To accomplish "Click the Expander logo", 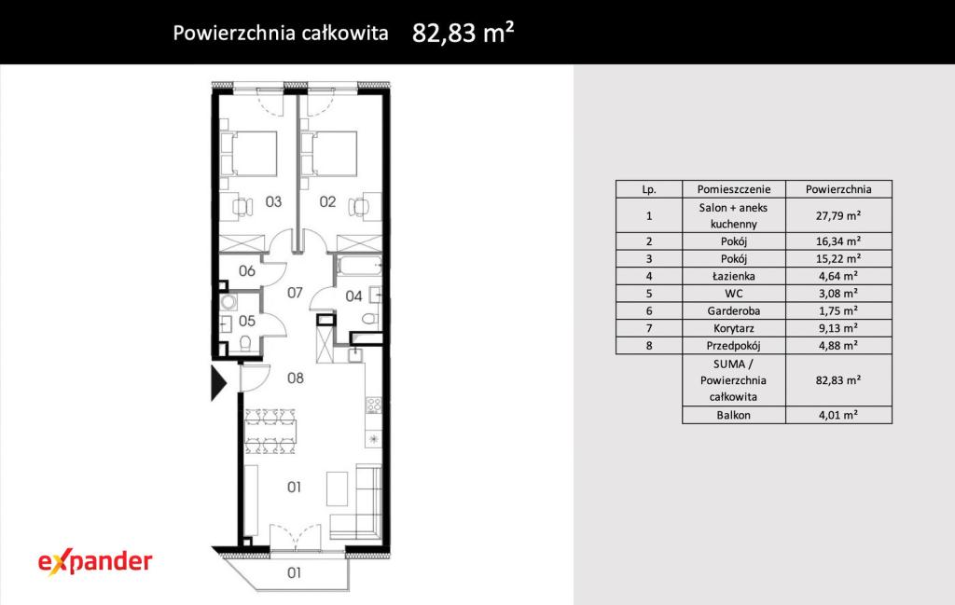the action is (95, 562).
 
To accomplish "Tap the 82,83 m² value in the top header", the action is (463, 33).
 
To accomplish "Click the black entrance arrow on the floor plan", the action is (218, 383).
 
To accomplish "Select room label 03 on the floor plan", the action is (273, 201).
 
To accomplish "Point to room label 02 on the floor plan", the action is (327, 201).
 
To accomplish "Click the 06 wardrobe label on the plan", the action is (246, 271).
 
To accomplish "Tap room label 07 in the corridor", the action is (295, 293).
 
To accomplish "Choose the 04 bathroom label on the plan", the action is (353, 296).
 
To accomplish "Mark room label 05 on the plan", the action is (246, 321).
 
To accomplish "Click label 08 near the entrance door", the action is (296, 378).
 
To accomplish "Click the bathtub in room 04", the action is (358, 266).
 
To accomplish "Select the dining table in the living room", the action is (270, 432).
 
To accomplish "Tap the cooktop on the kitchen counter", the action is (373, 406).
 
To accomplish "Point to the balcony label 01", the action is (294, 572).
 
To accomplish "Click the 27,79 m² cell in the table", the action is (838, 215).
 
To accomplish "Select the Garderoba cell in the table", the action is (733, 311).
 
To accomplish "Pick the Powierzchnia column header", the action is (838, 189).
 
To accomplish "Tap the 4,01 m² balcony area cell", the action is (838, 415).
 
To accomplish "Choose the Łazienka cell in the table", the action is (733, 276).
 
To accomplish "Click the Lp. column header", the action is (649, 189).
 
